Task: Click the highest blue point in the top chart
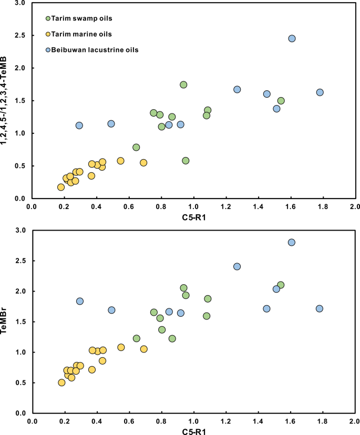292,38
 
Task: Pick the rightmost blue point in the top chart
320,92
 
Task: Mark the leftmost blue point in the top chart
79,126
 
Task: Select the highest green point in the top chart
183,85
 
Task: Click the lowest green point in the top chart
186,161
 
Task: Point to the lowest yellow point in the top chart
61,187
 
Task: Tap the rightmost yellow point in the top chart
143,163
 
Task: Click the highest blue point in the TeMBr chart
292,242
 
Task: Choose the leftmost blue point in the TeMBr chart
80,301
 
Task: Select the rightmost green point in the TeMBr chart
281,285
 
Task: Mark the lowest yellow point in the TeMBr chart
61,382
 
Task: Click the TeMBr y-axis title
7,322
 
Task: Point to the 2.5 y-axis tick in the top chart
21,36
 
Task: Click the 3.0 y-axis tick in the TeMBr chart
22,230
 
